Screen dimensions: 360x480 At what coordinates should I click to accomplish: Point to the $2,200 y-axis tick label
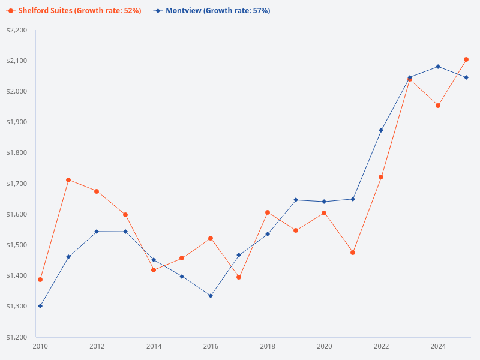pos(17,30)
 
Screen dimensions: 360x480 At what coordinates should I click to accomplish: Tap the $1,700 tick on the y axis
pos(17,184)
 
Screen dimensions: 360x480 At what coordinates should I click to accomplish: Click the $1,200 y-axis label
pos(17,337)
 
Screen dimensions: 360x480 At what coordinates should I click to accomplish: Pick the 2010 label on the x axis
pos(40,346)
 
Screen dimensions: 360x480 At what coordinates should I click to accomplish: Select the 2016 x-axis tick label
pos(211,346)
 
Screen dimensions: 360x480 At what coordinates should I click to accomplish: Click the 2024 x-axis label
pos(438,346)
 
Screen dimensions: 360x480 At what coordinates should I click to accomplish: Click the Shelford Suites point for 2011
pos(68,180)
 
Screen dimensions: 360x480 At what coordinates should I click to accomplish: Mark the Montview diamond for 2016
pos(211,296)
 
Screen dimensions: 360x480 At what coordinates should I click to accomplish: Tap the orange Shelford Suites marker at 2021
pos(353,253)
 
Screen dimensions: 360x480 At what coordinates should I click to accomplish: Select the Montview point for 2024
pos(438,67)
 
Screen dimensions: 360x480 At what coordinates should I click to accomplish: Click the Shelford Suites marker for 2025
pos(466,59)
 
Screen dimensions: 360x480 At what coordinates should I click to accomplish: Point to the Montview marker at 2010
pos(40,306)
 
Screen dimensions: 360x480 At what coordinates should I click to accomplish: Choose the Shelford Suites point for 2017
pos(239,277)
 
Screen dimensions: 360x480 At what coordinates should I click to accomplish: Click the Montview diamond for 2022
pos(381,130)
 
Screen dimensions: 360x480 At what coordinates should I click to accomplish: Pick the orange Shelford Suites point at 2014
pos(154,270)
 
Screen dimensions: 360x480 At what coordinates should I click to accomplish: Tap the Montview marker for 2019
pos(296,200)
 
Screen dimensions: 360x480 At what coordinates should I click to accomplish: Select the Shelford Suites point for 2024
pos(438,106)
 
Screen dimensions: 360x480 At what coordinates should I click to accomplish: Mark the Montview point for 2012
pos(97,232)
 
